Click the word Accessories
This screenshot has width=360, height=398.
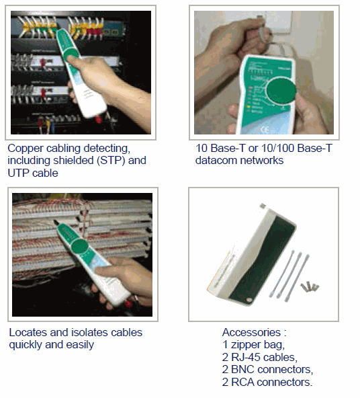pos(251,333)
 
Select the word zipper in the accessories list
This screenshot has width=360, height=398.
pos(246,345)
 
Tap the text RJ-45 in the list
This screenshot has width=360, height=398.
pos(246,358)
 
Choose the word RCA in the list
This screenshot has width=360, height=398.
pos(242,382)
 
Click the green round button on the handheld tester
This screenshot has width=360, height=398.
pos(281,91)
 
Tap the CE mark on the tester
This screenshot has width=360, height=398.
pos(265,130)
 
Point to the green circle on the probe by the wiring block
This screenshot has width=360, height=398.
pos(80,246)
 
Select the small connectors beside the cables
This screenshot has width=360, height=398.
pos(310,287)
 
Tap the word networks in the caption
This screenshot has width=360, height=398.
pos(262,161)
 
